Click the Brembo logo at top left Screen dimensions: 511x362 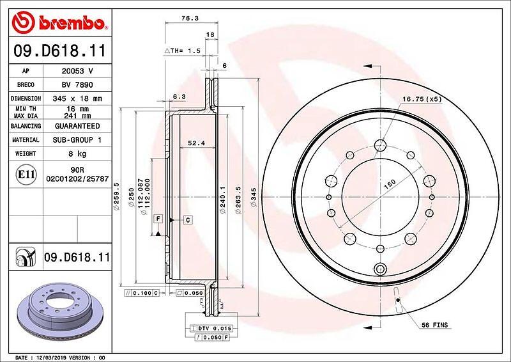[x=59, y=22]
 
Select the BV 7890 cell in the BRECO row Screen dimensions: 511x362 [x=77, y=85]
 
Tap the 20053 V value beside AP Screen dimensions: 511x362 [x=77, y=71]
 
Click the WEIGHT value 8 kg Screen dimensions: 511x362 [x=77, y=153]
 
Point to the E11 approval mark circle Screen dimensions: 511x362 [x=26, y=175]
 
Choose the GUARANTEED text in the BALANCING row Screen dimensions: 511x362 [x=77, y=126]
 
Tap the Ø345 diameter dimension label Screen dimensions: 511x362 [x=254, y=197]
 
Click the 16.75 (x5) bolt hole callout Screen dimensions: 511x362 [x=422, y=99]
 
